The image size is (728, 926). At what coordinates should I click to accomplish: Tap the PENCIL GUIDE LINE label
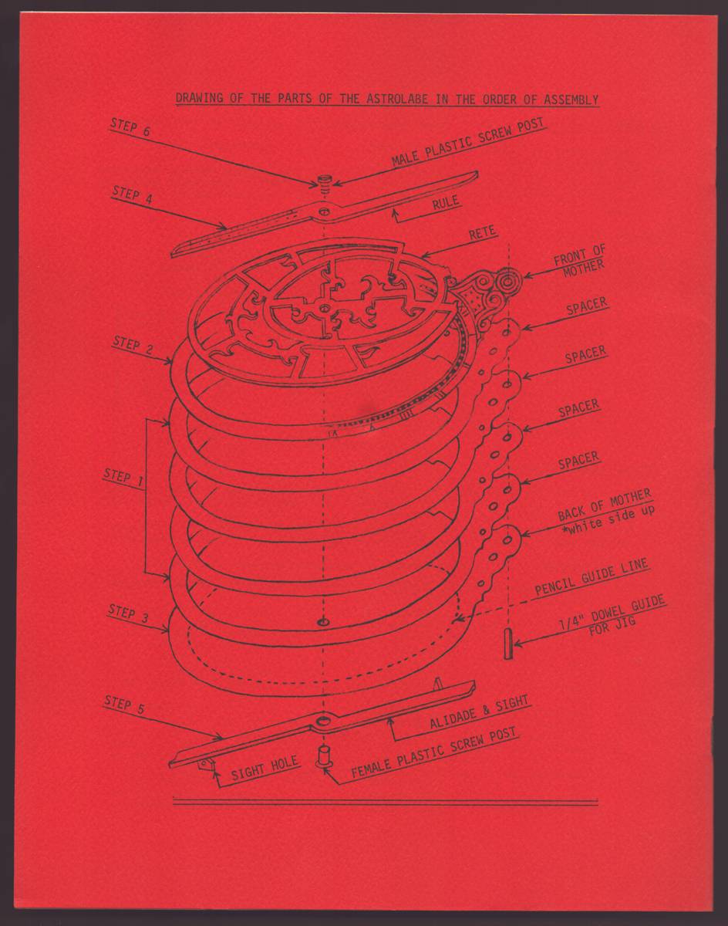tap(591, 579)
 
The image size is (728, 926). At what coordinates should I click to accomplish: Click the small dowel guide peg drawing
tap(507, 644)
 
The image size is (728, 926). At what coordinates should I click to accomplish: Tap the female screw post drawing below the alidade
tap(323, 753)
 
